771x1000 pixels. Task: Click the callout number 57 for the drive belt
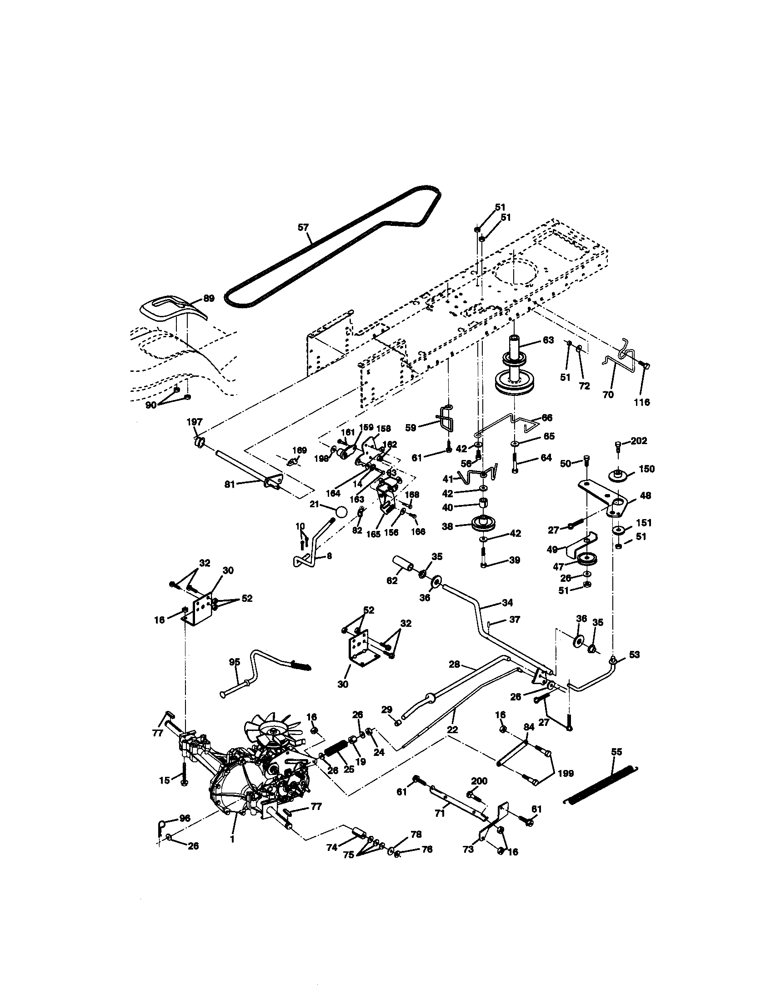303,227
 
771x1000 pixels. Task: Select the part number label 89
209,299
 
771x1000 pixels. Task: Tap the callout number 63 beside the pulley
548,340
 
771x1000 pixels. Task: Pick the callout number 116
641,402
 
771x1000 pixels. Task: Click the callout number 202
639,440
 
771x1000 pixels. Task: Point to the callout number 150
646,469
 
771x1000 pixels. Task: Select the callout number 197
195,422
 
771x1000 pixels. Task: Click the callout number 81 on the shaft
230,484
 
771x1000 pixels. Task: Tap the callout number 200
479,780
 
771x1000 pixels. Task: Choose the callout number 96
185,818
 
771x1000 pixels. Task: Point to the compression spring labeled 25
336,753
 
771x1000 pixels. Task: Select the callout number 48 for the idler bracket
646,495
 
